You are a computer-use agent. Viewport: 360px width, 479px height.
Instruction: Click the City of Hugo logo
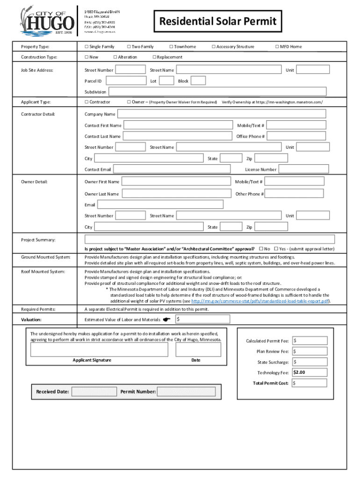pyautogui.click(x=47, y=20)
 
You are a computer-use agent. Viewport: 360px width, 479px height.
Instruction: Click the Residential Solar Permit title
pyautogui.click(x=218, y=22)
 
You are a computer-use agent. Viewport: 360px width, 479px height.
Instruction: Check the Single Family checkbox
pyautogui.click(x=86, y=47)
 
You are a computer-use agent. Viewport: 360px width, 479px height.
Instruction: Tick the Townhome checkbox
pyautogui.click(x=171, y=47)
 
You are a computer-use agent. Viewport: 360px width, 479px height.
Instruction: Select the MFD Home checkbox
pyautogui.click(x=277, y=47)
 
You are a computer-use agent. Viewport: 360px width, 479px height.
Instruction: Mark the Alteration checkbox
pyautogui.click(x=115, y=57)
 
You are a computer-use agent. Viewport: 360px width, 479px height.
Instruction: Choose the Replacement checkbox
pyautogui.click(x=154, y=57)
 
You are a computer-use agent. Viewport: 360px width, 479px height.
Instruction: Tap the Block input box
pyautogui.click(x=198, y=81)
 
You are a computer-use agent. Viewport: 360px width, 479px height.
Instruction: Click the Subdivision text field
pyautogui.click(x=217, y=92)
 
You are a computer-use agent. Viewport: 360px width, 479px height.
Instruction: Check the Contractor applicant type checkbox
pyautogui.click(x=86, y=102)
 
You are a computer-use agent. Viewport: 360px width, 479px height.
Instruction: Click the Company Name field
pyautogui.click(x=222, y=114)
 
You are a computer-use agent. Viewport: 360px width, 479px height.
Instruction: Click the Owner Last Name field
pyautogui.click(x=176, y=194)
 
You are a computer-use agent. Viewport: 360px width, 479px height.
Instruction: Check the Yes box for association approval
pyautogui.click(x=276, y=249)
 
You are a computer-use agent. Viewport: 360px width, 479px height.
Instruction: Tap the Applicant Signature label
pyautogui.click(x=92, y=360)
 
